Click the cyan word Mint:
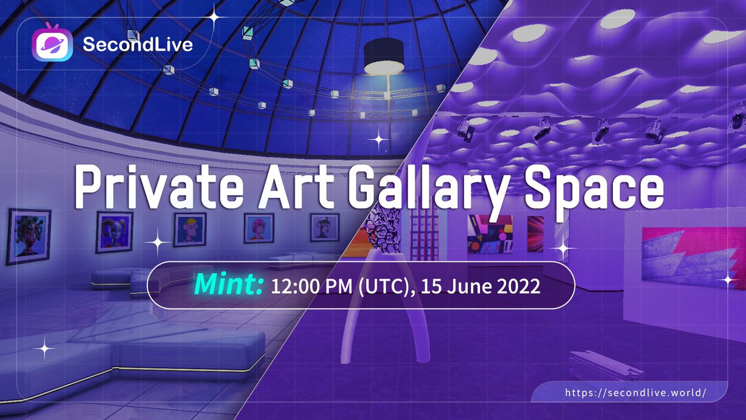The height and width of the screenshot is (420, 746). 229,285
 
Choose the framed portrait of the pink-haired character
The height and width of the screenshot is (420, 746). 259,228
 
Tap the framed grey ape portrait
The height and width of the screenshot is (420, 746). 325,227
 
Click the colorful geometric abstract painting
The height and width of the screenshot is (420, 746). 490,234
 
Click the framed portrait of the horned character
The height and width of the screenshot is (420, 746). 114,232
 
